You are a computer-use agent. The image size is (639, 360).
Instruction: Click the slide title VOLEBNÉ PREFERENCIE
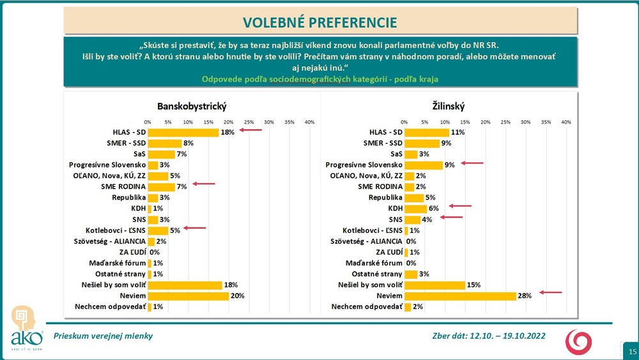[320, 22]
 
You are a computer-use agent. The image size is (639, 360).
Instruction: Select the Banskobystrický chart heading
[192, 106]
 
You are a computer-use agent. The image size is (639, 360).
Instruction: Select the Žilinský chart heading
[449, 106]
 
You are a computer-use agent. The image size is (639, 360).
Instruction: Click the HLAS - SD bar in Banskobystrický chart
[183, 132]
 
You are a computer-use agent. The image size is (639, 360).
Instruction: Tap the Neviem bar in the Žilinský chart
[460, 296]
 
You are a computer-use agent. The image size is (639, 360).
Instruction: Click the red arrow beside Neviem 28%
[551, 293]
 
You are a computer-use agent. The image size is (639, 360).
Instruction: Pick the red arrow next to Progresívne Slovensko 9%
[472, 164]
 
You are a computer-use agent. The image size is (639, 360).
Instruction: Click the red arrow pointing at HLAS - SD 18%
[250, 130]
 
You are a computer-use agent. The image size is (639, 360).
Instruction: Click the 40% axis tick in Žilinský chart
[566, 121]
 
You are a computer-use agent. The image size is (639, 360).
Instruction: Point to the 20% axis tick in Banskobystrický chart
[229, 121]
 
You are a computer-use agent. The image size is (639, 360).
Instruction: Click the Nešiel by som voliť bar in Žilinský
[435, 285]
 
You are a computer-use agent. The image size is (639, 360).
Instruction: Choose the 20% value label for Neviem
[237, 296]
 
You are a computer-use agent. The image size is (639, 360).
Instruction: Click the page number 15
[632, 352]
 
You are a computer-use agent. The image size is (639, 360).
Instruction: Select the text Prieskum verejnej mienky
[103, 336]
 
